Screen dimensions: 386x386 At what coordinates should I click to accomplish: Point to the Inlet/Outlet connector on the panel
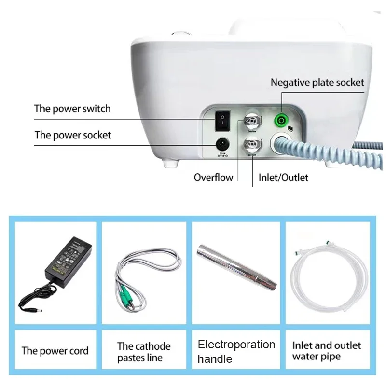[251, 144]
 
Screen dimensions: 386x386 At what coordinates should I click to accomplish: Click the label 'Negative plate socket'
[317, 83]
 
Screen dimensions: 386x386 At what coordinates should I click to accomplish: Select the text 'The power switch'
[72, 109]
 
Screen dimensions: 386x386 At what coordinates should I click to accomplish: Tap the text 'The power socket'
[73, 135]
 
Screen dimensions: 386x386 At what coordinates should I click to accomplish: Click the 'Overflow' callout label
[213, 178]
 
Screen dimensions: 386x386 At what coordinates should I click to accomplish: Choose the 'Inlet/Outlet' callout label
[283, 178]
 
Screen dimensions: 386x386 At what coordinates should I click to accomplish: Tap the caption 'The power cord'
[55, 351]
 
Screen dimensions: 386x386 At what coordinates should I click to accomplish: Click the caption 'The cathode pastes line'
[144, 352]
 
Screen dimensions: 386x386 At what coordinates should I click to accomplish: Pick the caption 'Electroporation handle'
[236, 351]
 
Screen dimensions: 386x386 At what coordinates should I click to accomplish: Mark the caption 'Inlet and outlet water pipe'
[327, 351]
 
